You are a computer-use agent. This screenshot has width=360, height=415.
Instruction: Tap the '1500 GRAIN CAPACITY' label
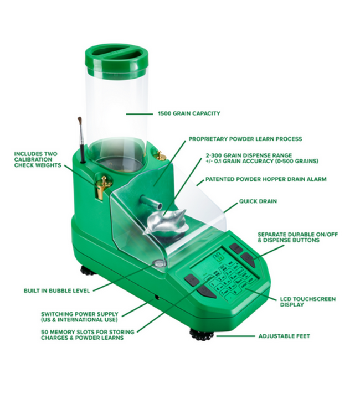point(189,113)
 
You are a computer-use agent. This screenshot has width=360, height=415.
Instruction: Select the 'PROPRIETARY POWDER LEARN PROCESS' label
point(245,139)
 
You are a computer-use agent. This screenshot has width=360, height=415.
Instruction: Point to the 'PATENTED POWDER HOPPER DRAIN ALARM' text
point(266,179)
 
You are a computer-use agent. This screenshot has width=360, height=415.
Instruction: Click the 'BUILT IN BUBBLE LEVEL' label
point(56,290)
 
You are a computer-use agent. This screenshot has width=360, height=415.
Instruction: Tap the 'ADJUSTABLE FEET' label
point(284,336)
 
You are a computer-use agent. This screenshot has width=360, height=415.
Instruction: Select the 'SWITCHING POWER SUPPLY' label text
point(79,317)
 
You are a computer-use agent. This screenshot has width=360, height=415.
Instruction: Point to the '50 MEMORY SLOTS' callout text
point(82,335)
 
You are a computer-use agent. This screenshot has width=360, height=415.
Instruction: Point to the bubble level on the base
point(160,264)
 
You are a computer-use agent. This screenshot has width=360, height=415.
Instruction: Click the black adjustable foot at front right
point(202,335)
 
